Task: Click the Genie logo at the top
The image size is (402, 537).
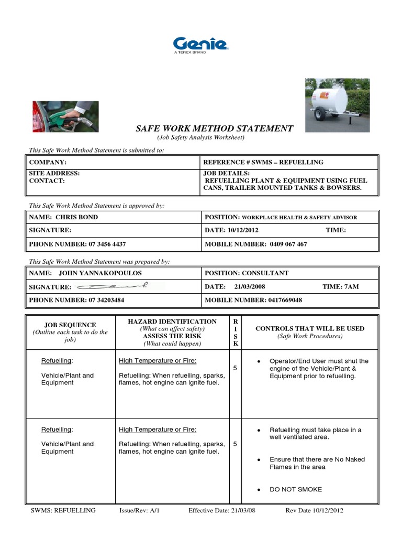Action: (200, 44)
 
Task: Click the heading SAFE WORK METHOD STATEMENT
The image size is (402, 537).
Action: (215, 128)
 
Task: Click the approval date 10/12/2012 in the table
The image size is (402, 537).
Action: (243, 230)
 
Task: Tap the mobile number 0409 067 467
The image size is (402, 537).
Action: (288, 244)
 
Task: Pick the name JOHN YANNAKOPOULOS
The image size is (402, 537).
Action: (100, 273)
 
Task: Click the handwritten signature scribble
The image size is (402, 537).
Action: (113, 286)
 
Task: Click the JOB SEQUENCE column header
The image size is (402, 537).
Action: (70, 325)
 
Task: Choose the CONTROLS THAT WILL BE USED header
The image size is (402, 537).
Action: (309, 329)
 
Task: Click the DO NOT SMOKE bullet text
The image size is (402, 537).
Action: (296, 489)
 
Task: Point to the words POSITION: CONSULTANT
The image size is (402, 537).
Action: (246, 273)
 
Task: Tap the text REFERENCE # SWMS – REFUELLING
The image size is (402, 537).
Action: (263, 163)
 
